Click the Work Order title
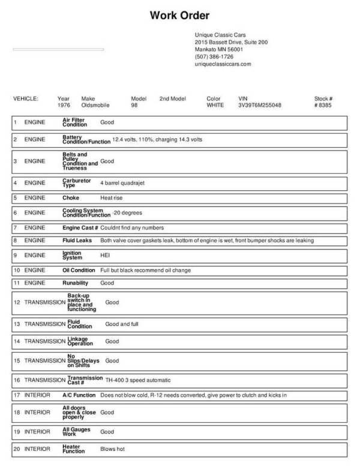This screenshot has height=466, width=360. pyautogui.click(x=180, y=16)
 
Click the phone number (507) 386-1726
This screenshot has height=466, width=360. pyautogui.click(x=214, y=56)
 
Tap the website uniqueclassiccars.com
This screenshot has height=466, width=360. pyautogui.click(x=223, y=64)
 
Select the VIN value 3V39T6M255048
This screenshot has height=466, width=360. pyautogui.click(x=260, y=105)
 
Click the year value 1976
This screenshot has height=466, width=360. pyautogui.click(x=64, y=105)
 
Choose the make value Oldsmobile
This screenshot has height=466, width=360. pyautogui.click(x=95, y=105)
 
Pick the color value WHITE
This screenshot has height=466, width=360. pyautogui.click(x=215, y=105)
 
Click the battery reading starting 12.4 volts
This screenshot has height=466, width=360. pyautogui.click(x=157, y=140)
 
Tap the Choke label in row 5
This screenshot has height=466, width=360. pyautogui.click(x=71, y=198)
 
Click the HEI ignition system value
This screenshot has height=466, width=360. pyautogui.click(x=105, y=255)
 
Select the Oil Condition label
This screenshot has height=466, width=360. pyautogui.click(x=79, y=270)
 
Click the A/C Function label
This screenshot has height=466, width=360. pyautogui.click(x=79, y=395)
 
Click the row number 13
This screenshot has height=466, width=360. pyautogui.click(x=17, y=324)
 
